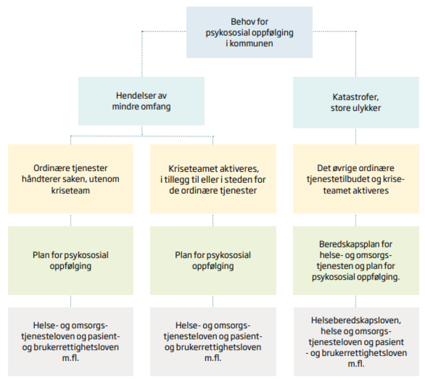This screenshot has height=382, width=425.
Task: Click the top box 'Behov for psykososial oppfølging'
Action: tap(249, 32)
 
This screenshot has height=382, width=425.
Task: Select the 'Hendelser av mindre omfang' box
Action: tap(141, 101)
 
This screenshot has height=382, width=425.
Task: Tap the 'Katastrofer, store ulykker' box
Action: tap(356, 102)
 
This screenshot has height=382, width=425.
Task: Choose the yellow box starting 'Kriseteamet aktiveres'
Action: tap(213, 179)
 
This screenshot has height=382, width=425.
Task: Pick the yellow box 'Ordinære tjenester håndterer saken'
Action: tap(70, 179)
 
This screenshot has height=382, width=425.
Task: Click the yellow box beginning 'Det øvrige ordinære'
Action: tap(356, 179)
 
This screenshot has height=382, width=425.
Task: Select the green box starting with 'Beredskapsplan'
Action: tap(356, 260)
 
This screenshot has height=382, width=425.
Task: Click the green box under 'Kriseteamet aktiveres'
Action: tap(213, 260)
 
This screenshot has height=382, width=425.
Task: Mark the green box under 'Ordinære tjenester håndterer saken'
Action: tap(70, 260)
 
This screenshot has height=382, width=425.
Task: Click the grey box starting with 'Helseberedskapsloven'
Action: tap(356, 341)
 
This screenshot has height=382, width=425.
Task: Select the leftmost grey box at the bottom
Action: tap(70, 341)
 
